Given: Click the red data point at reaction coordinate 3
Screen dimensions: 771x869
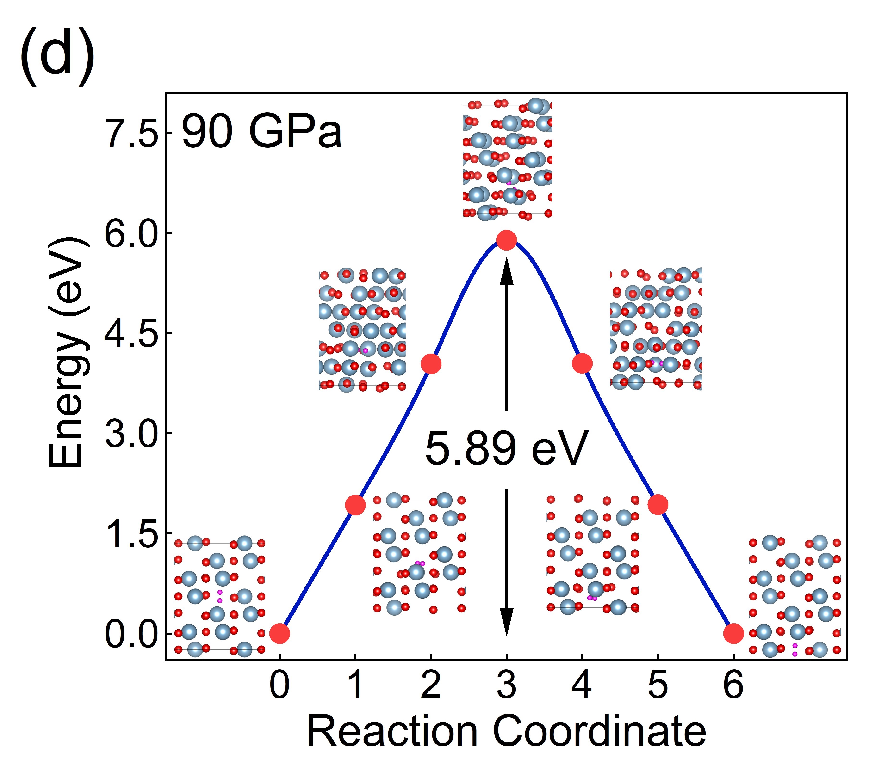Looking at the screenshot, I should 506,240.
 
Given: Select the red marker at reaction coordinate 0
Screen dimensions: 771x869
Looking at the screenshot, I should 280,633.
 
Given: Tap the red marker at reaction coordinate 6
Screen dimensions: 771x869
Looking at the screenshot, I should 733,633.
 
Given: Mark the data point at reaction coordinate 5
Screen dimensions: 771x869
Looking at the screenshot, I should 658,505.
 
